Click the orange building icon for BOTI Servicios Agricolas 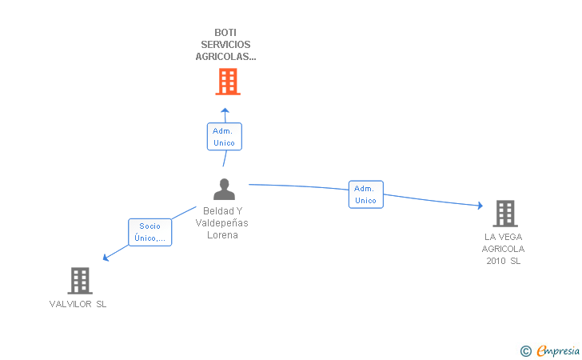tap(228, 82)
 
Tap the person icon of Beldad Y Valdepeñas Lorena tap(225, 190)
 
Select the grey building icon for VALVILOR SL tap(79, 281)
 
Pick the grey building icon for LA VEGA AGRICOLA tap(504, 214)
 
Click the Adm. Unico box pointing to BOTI tap(224, 137)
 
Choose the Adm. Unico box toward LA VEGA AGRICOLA tap(365, 194)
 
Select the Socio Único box tap(149, 232)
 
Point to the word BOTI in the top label tap(225, 33)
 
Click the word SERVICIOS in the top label tap(225, 45)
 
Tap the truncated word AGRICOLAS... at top tap(225, 57)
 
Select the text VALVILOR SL tap(78, 304)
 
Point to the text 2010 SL tap(503, 262)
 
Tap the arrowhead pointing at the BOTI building tap(225, 110)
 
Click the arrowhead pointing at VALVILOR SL tap(105, 258)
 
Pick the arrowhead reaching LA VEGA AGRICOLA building tap(480, 206)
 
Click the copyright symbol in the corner tap(525, 350)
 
